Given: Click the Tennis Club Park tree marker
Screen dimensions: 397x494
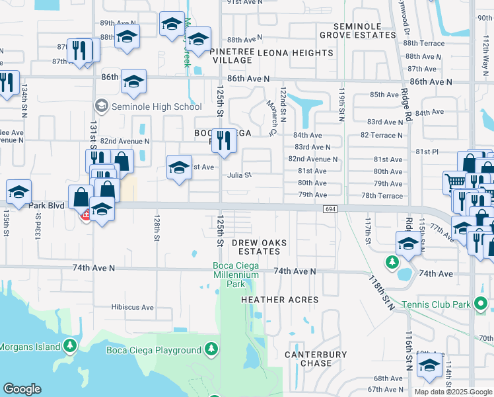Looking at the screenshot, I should pos(481,304).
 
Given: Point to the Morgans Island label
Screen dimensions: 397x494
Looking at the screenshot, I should pos(30,346).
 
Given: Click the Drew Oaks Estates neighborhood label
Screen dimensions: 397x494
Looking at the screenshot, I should pos(260,247).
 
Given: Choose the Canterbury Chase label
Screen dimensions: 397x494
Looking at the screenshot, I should pos(315,359).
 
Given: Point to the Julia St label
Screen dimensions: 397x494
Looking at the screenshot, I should pos(239,175).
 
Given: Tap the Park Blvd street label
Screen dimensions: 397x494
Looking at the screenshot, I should pos(49,206).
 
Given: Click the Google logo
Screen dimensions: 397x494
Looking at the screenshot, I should pos(22,389).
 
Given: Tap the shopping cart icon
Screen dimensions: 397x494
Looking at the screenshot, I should pos(454,182).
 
